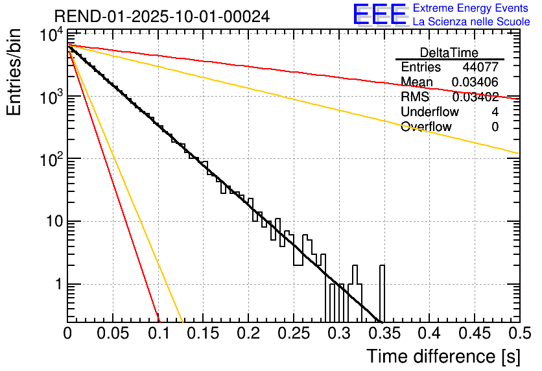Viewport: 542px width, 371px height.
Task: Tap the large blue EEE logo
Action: point(379,14)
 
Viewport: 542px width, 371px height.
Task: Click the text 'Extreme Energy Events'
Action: point(471,8)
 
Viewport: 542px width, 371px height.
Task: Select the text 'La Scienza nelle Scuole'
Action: point(471,22)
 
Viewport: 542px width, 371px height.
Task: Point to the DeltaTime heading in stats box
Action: point(449,53)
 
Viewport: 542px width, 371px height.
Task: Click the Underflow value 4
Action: point(495,112)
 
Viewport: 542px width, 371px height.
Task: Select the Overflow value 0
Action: point(495,127)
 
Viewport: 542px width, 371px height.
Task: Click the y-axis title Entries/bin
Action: point(14,71)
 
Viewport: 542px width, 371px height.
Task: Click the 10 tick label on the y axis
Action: point(49,222)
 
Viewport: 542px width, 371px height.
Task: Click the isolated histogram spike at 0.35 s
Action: point(382,292)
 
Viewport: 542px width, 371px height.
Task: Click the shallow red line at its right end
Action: point(517,98)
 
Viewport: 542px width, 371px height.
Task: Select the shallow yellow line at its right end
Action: point(517,153)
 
